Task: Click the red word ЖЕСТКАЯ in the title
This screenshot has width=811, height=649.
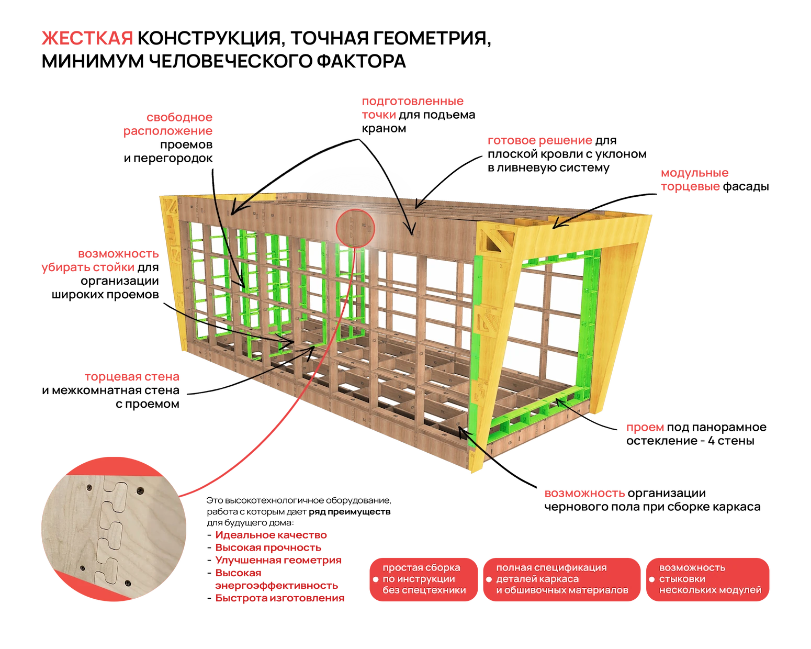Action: [x=87, y=38]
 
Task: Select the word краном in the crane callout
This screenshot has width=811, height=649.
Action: [x=384, y=129]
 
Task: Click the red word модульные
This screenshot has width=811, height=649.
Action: [x=694, y=173]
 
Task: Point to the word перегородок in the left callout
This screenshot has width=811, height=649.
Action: [x=173, y=159]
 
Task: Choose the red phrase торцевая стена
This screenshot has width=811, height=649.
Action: [x=132, y=376]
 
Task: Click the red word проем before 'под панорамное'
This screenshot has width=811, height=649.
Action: [x=645, y=427]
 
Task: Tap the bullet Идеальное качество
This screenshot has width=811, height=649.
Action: [x=271, y=535]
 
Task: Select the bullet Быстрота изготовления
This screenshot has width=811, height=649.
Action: [x=279, y=598]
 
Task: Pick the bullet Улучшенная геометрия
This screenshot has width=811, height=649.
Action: [x=278, y=560]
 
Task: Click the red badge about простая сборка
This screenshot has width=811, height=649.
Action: [x=424, y=579]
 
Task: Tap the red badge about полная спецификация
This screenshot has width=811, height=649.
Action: [x=562, y=579]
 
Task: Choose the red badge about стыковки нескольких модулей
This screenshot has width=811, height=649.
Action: [x=708, y=579]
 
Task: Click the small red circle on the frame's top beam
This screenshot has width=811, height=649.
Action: [x=355, y=210]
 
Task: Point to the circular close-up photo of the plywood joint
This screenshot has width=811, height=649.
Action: [x=114, y=529]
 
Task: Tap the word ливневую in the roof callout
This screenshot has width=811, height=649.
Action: [x=542, y=168]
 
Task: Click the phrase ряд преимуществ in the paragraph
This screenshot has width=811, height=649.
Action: [x=350, y=512]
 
